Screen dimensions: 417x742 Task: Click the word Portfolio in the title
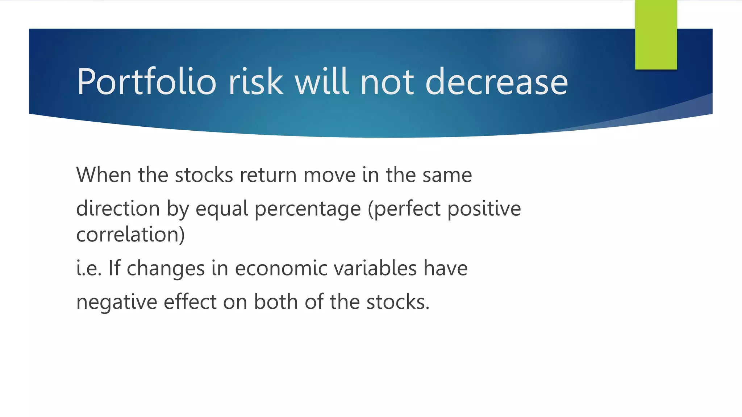(x=146, y=83)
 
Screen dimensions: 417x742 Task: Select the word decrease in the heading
(x=496, y=83)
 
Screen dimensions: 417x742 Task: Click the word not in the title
(x=387, y=83)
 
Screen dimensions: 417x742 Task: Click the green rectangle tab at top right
(x=656, y=34)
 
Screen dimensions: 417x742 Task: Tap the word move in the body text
(x=329, y=175)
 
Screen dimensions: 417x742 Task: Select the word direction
(x=118, y=209)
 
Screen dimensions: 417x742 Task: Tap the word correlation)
(x=130, y=235)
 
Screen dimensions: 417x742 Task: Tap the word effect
(x=190, y=302)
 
